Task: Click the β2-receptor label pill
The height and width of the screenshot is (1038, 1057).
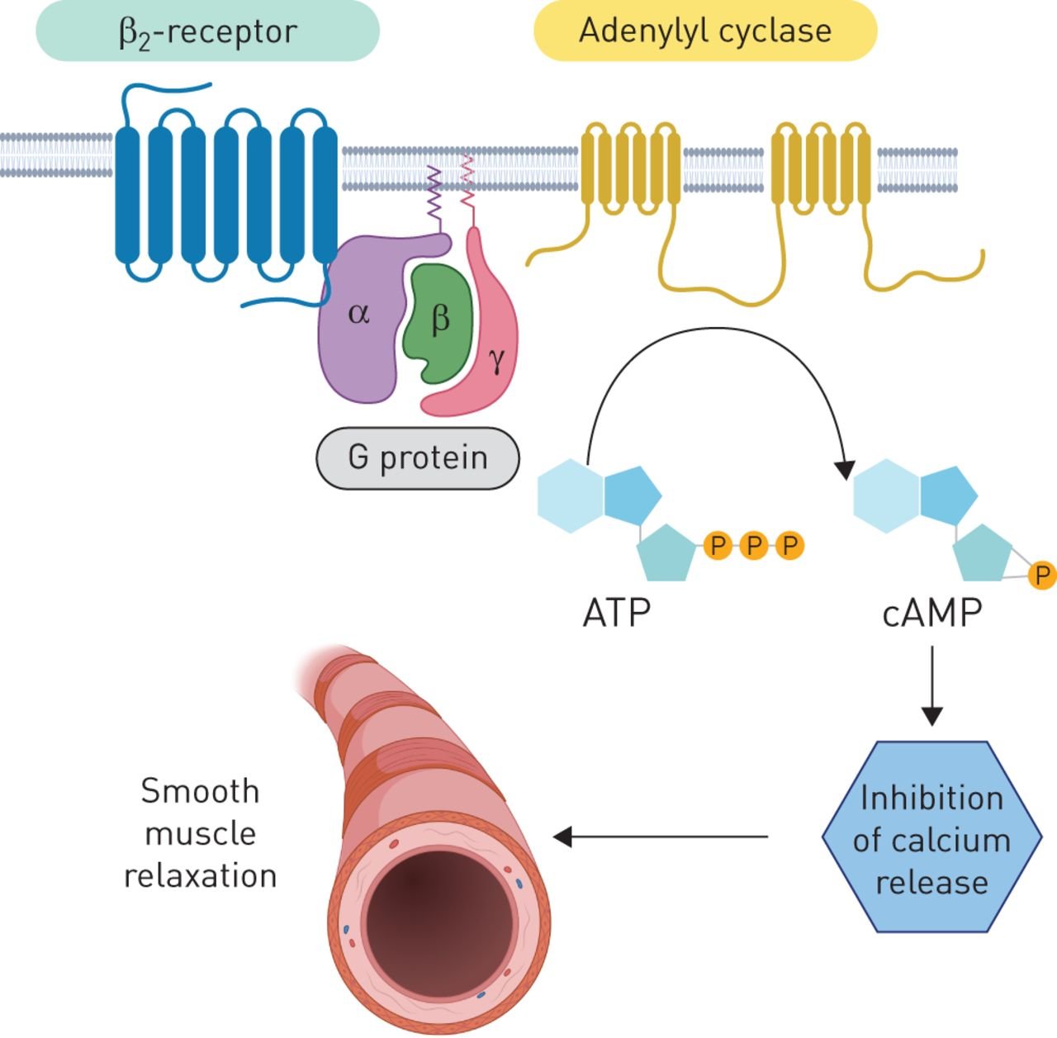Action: (207, 31)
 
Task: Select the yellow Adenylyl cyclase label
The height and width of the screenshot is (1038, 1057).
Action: (704, 31)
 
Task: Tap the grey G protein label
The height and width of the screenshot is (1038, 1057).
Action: (418, 457)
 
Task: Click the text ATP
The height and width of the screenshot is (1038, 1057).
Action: (616, 614)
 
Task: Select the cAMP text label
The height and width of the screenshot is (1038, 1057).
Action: (932, 614)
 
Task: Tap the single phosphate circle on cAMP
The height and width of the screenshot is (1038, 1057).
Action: (1042, 575)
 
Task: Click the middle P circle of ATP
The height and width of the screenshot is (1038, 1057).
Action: (753, 545)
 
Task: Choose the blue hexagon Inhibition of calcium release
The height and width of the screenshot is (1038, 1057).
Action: (931, 838)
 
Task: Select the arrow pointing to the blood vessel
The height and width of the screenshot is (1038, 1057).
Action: (661, 837)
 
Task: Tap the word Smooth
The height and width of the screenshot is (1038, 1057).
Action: (200, 791)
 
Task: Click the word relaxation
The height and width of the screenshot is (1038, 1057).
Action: (200, 875)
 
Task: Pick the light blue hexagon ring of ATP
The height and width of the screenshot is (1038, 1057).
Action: (570, 495)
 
